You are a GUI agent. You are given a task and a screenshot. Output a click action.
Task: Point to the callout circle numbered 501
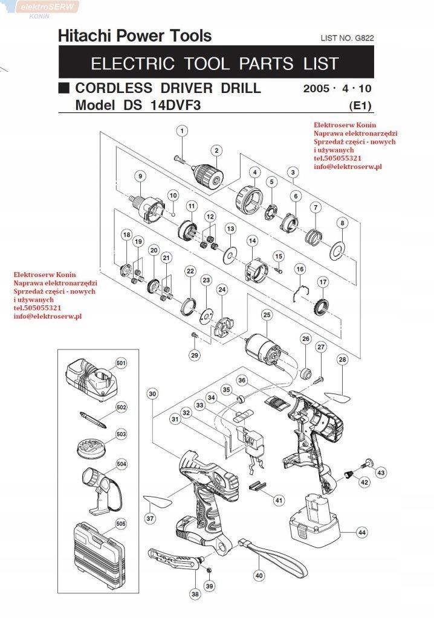[x=121, y=363]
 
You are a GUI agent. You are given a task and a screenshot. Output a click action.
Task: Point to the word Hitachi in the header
[x=83, y=36]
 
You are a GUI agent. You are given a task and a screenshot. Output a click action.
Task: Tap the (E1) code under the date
[x=360, y=105]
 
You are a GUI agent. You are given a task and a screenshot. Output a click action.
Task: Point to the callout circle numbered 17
[x=323, y=282]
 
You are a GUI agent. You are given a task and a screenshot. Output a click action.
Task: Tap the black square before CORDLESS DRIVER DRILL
[x=63, y=88]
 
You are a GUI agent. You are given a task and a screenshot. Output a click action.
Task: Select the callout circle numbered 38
[x=195, y=594]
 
